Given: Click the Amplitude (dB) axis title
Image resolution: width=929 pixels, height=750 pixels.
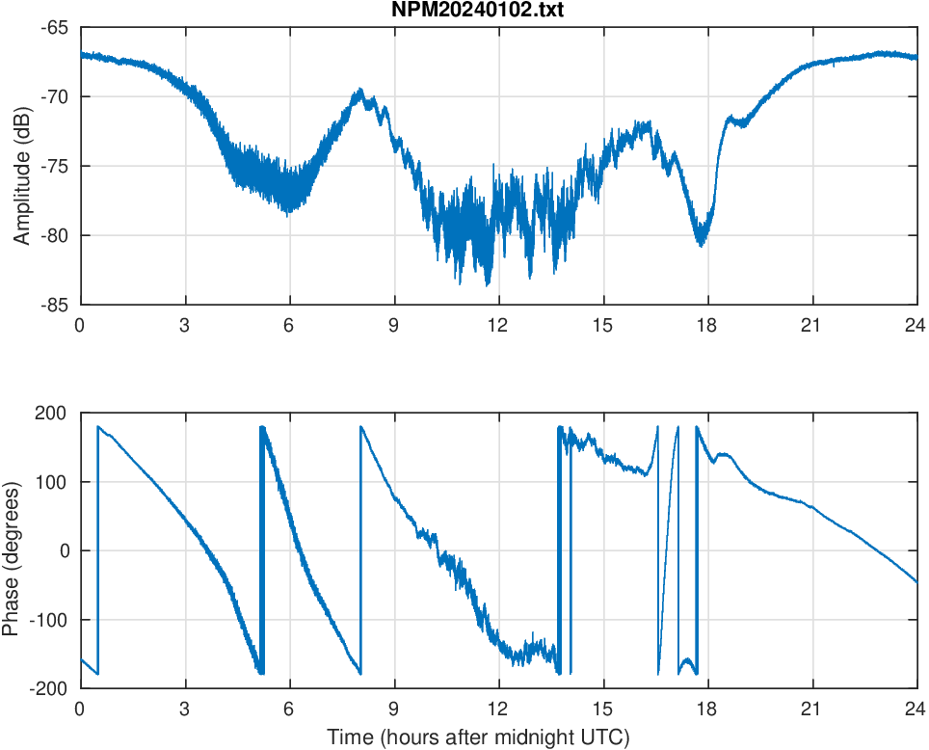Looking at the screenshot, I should [x=21, y=166].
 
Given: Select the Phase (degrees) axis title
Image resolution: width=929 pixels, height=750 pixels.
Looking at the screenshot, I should [x=11, y=550].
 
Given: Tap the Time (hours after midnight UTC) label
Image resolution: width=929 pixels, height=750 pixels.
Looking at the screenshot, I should [x=478, y=737].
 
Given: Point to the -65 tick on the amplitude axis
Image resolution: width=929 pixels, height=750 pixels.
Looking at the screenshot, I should [x=54, y=27].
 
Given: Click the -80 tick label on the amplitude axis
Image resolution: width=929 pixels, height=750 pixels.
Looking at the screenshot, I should [x=54, y=235].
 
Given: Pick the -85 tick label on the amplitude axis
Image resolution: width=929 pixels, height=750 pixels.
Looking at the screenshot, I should [x=54, y=305].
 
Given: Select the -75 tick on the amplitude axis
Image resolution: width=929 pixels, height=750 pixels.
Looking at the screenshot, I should [x=54, y=166].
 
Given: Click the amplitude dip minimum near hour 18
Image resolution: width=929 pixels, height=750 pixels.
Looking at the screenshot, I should [x=701, y=244].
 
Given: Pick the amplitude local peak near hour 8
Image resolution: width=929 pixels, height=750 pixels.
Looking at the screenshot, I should [x=360, y=91].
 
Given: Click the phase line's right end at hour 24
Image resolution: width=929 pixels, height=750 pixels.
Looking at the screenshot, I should [x=916, y=582].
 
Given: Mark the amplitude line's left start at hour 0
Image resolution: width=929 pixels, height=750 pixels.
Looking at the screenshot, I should [x=81, y=55].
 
